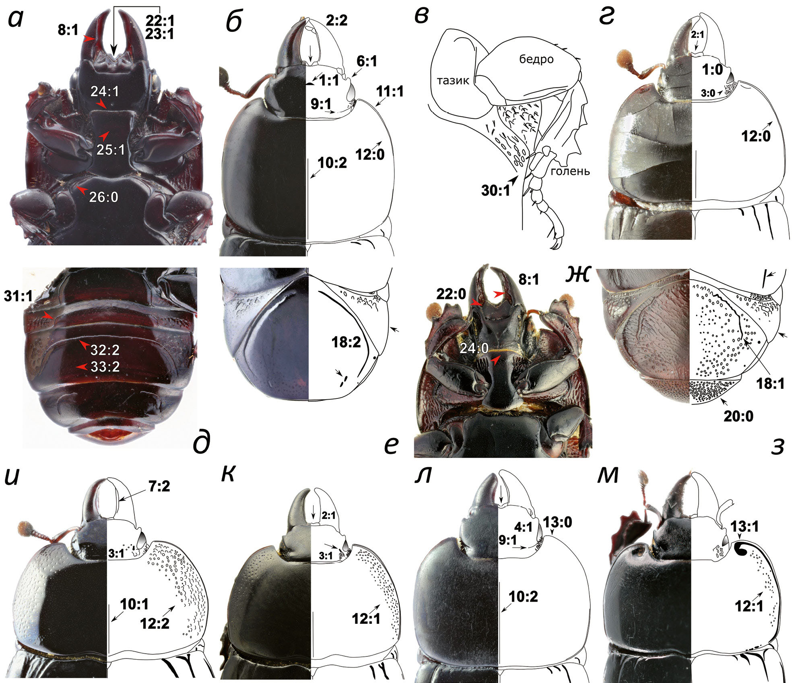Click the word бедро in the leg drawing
click(x=536, y=60)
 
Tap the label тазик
click(x=453, y=81)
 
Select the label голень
click(x=570, y=171)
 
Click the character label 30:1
click(x=495, y=190)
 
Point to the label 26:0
click(x=103, y=197)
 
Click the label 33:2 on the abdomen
click(x=105, y=367)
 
